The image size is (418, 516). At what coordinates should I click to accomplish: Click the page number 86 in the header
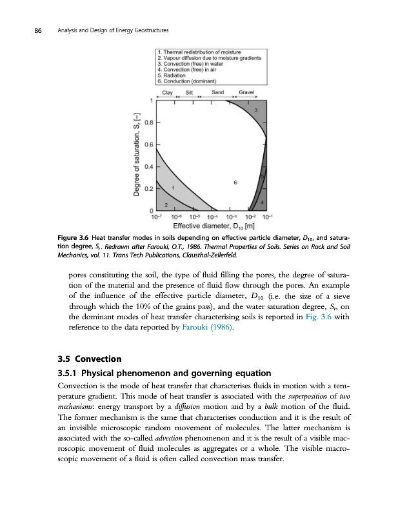pos(29,30)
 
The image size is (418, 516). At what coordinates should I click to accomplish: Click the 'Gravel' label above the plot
pos(246,92)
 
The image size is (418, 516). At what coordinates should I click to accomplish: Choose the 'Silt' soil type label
pos(190,92)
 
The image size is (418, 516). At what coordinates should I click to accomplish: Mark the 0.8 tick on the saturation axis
pos(149,122)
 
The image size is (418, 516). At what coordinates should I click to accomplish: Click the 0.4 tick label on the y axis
pos(149,167)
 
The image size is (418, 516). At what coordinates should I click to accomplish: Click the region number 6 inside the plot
pos(235,183)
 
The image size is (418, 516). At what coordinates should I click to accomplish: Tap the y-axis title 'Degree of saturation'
pos(137,154)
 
